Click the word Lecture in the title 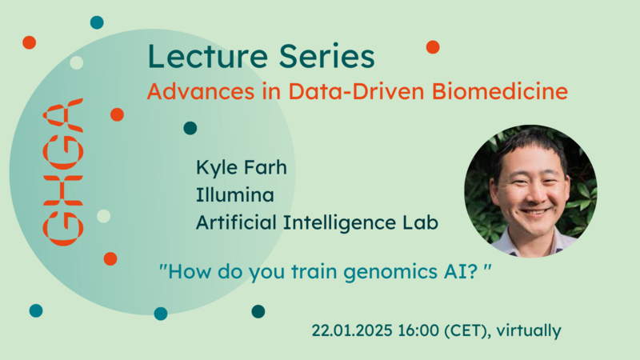[208, 56]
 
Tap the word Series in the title [327, 56]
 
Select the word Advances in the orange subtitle [201, 91]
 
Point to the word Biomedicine [499, 91]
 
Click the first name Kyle [214, 168]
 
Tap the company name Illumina [234, 194]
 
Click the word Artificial [236, 222]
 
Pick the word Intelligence [339, 224]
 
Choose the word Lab [421, 222]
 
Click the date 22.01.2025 [352, 330]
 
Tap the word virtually [529, 331]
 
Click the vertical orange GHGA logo [63, 172]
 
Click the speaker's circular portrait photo [530, 191]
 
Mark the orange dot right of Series [433, 47]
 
